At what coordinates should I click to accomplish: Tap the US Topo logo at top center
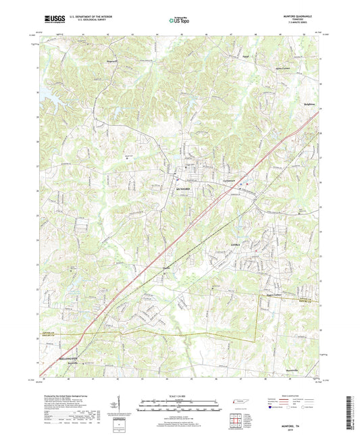(179, 21)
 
